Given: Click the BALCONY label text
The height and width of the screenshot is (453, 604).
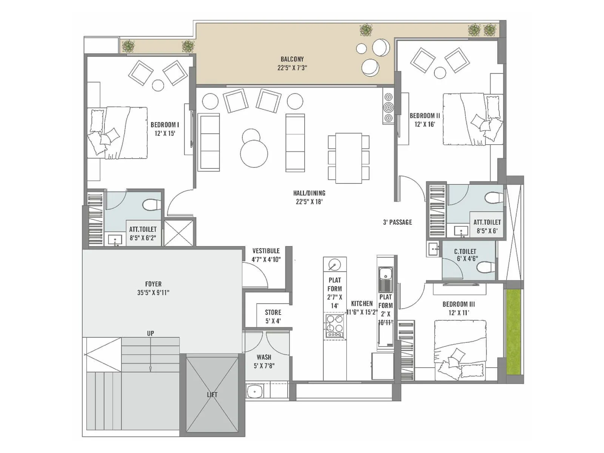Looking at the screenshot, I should pyautogui.click(x=292, y=59).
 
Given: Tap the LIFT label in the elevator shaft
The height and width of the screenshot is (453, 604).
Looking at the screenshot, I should pyautogui.click(x=212, y=395).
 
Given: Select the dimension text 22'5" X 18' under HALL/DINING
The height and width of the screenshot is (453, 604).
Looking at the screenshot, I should pyautogui.click(x=309, y=202).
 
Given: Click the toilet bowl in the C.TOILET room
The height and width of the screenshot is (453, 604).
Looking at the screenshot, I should pyautogui.click(x=486, y=267).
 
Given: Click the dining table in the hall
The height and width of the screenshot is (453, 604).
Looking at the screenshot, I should pyautogui.click(x=348, y=158).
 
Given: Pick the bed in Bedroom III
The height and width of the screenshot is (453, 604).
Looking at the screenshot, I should pyautogui.click(x=460, y=349).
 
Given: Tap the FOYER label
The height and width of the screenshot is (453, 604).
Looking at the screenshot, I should pyautogui.click(x=153, y=284).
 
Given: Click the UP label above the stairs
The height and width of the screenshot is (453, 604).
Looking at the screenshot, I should pyautogui.click(x=151, y=333).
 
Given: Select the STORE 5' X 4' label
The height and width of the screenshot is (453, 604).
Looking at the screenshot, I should pyautogui.click(x=273, y=316).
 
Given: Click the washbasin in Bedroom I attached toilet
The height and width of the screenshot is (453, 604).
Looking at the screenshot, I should pyautogui.click(x=115, y=240).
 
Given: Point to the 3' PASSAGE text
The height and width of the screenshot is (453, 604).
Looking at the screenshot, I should pyautogui.click(x=398, y=222).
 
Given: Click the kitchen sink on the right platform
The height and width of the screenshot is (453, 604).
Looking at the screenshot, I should pyautogui.click(x=385, y=274).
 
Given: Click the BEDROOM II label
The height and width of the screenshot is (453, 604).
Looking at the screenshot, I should pyautogui.click(x=425, y=116).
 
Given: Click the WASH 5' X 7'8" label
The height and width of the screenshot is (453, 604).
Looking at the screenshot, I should pyautogui.click(x=264, y=361).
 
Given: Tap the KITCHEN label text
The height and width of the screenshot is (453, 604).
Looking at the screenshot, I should pyautogui.click(x=362, y=304).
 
